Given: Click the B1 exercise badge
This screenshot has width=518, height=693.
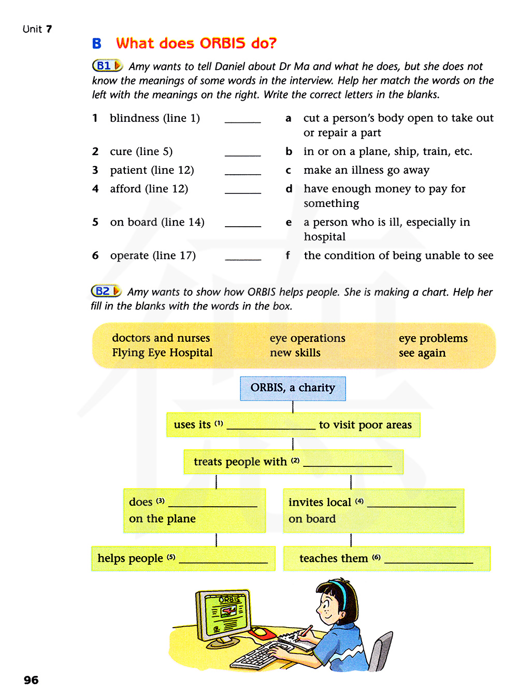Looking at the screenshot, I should (x=107, y=66).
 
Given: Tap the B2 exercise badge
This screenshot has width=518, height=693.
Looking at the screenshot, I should (x=106, y=292).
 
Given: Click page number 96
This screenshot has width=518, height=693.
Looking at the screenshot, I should (x=31, y=680).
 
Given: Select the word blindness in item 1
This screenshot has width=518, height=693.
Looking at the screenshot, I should (x=134, y=118).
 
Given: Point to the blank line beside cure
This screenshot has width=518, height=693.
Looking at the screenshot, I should (x=242, y=155).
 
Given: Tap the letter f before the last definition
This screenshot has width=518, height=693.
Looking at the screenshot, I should (x=288, y=255).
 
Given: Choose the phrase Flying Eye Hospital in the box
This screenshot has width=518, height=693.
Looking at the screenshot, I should (x=162, y=353).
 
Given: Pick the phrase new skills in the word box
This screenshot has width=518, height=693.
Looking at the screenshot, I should (x=295, y=353).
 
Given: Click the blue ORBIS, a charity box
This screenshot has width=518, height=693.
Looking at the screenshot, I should (x=293, y=388).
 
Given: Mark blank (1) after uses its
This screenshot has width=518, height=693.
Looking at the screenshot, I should (x=271, y=428).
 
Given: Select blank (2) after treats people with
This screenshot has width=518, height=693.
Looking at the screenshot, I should (x=347, y=465).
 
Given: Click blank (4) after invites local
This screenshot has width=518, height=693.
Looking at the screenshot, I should (x=411, y=505).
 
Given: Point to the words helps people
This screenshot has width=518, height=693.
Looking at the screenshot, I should (x=130, y=558).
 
